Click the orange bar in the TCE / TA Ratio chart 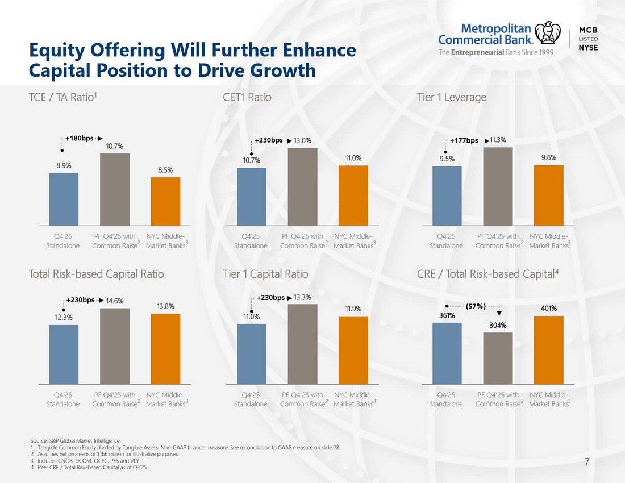[165, 201]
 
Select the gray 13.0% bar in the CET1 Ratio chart [302, 186]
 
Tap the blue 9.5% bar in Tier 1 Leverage [447, 195]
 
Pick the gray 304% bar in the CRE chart [498, 358]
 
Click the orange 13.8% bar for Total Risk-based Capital [165, 349]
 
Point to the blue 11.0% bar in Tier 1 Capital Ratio [252, 354]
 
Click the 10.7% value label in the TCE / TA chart [114, 146]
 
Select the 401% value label [549, 308]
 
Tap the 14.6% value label [114, 301]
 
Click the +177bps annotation [464, 140]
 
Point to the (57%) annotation [476, 306]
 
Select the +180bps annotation [80, 138]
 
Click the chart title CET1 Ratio [247, 97]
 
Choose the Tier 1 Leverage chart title [452, 98]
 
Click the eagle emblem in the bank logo [547, 32]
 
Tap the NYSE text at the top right [588, 47]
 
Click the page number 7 [586, 463]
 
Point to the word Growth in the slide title [283, 70]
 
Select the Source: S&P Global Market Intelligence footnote [76, 441]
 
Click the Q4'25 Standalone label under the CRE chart [446, 399]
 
